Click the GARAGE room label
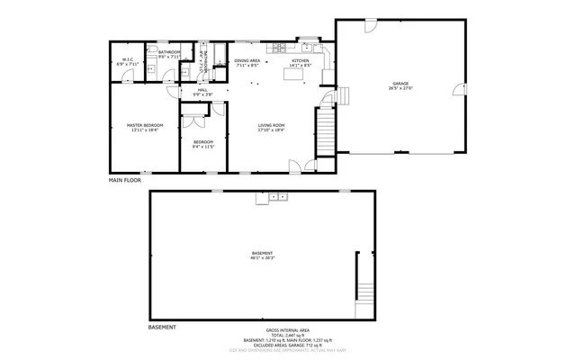pyautogui.click(x=400, y=83)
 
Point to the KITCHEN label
pyautogui.click(x=300, y=60)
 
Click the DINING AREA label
pyautogui.click(x=247, y=60)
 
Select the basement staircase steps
pyautogui.click(x=364, y=292)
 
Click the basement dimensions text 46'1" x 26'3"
pyautogui.click(x=262, y=260)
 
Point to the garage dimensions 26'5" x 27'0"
pyautogui.click(x=400, y=88)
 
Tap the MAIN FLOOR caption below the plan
pyautogui.click(x=125, y=181)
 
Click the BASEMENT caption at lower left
pyautogui.click(x=162, y=326)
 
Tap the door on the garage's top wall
pyautogui.click(x=372, y=24)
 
